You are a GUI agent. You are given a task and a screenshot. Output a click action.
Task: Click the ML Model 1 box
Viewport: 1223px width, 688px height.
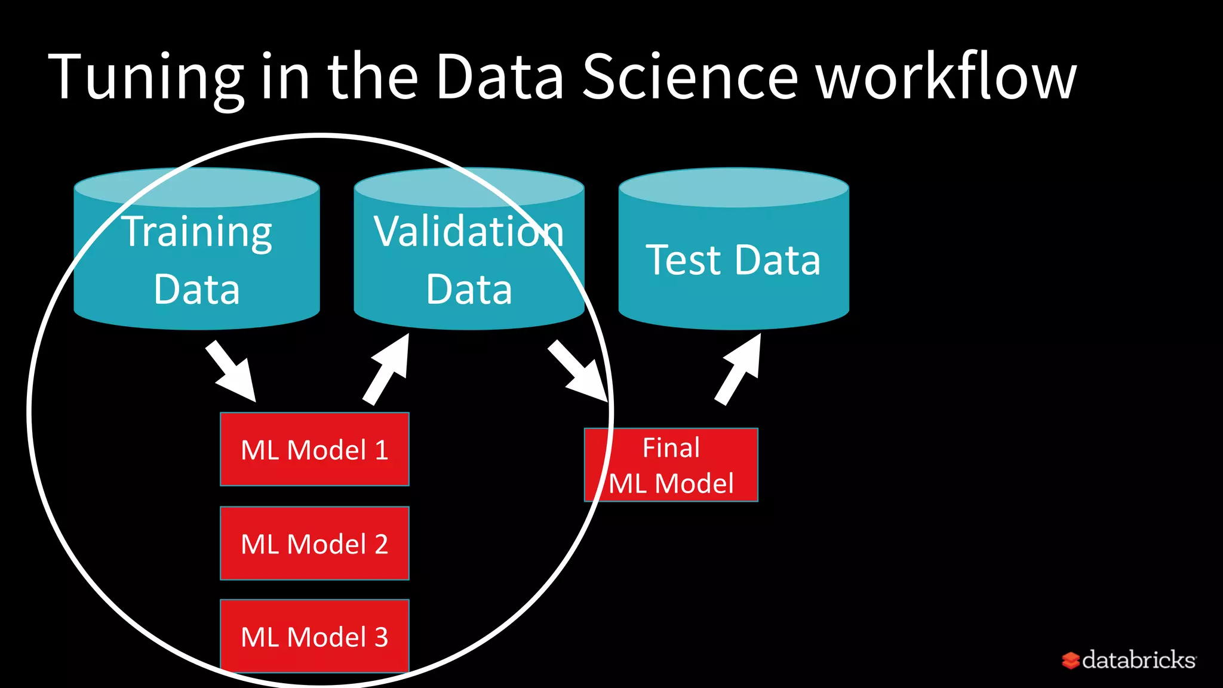pos(315,449)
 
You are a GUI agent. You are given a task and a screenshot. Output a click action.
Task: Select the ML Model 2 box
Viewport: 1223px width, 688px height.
pos(315,543)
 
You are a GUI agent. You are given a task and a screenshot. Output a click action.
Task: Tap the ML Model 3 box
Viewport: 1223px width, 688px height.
pos(315,636)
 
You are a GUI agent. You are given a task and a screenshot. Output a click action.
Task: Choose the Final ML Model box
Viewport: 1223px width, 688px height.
pos(671,465)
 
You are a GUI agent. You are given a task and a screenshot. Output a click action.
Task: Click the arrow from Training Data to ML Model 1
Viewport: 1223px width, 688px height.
pos(232,371)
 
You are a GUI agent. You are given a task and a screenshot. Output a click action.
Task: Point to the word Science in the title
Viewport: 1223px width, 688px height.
pos(690,76)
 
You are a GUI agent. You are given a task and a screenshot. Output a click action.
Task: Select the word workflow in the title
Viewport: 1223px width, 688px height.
pos(947,76)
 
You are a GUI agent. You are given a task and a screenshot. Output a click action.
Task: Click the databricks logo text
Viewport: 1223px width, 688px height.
pos(1139,660)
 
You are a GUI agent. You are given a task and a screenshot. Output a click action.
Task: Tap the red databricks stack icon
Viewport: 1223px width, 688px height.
pos(1071,661)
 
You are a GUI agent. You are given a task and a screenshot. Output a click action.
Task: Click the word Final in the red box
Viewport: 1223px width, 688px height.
pos(671,448)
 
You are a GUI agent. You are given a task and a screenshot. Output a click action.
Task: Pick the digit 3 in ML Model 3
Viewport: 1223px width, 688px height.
pos(381,637)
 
